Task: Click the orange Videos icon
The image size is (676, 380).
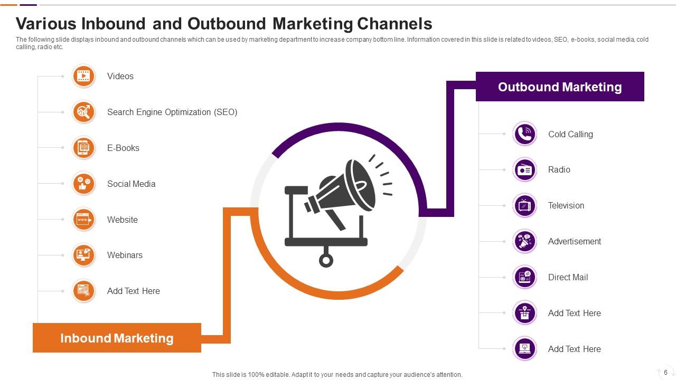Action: click(x=83, y=77)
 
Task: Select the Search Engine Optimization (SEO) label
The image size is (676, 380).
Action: click(x=172, y=112)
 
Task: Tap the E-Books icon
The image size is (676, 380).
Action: click(x=83, y=148)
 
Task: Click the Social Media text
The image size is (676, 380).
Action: click(x=131, y=184)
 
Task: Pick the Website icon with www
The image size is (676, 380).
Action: click(x=83, y=220)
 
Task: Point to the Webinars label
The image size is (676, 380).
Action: click(x=125, y=255)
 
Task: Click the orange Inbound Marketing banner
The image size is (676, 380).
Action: click(x=117, y=338)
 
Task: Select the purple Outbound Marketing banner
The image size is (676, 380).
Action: click(x=559, y=87)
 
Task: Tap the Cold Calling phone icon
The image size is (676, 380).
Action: click(x=524, y=134)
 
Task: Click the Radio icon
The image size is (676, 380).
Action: click(x=524, y=170)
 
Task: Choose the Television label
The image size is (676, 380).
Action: click(x=566, y=205)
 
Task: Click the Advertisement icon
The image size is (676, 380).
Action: click(x=524, y=241)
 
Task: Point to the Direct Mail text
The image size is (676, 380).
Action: click(x=568, y=277)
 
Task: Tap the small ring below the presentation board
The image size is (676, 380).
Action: click(x=326, y=260)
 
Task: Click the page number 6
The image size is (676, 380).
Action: click(x=665, y=372)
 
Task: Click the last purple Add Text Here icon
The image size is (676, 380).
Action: click(x=524, y=349)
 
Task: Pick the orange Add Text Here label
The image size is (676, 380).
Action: click(x=133, y=291)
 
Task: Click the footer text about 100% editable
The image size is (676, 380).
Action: click(x=337, y=375)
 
